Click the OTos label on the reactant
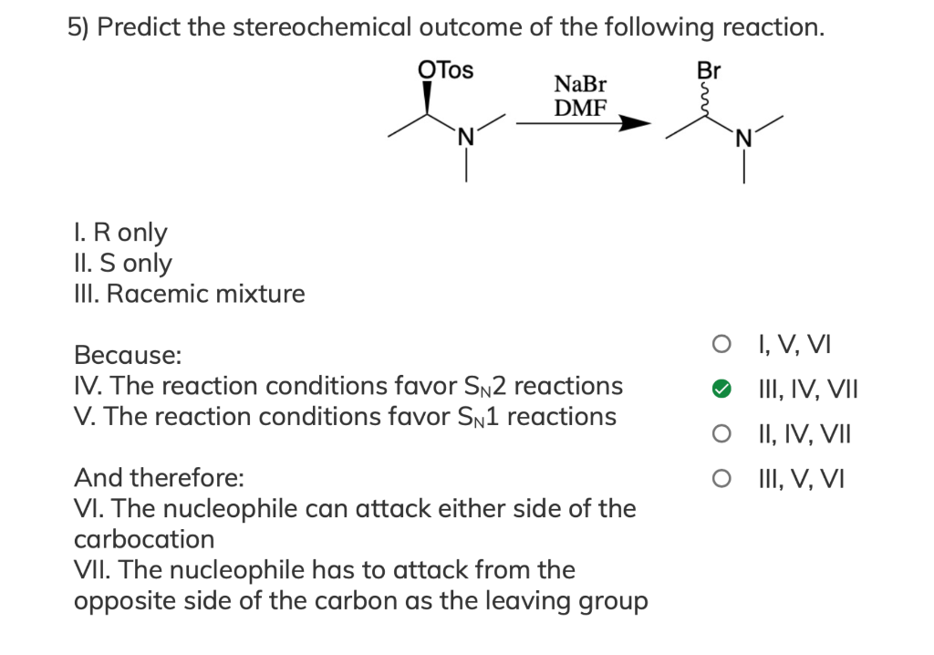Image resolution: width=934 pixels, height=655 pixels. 445,70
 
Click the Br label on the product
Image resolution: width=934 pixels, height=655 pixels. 708,70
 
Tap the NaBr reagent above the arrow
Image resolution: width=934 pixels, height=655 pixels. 580,85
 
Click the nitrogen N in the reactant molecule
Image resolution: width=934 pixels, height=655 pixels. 466,139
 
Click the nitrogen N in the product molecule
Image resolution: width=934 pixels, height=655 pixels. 743,139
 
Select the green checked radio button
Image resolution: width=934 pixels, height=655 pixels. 721,390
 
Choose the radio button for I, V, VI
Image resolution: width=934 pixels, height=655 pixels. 721,347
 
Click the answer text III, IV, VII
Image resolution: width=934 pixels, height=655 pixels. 804,390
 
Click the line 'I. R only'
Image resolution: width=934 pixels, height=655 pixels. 119,233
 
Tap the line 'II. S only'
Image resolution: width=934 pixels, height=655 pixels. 122,264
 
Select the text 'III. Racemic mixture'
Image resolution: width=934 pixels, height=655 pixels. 189,294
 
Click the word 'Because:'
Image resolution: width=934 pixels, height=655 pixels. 127,354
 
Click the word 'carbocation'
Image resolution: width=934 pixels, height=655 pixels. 144,539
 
